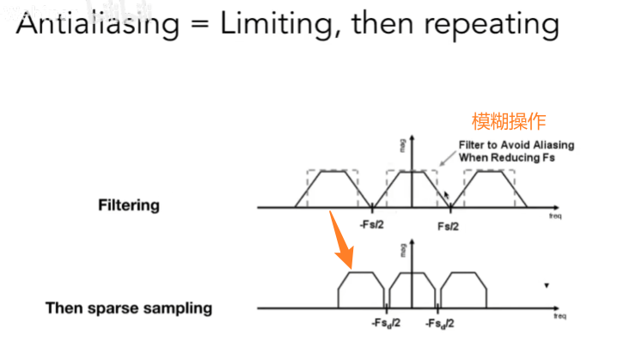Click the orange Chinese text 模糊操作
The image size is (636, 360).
509,120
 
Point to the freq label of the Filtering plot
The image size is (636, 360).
555,217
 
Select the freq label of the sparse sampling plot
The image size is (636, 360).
560,317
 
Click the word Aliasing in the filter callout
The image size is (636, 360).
551,144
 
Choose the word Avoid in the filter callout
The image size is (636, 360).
514,144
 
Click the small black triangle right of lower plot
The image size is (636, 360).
547,285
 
